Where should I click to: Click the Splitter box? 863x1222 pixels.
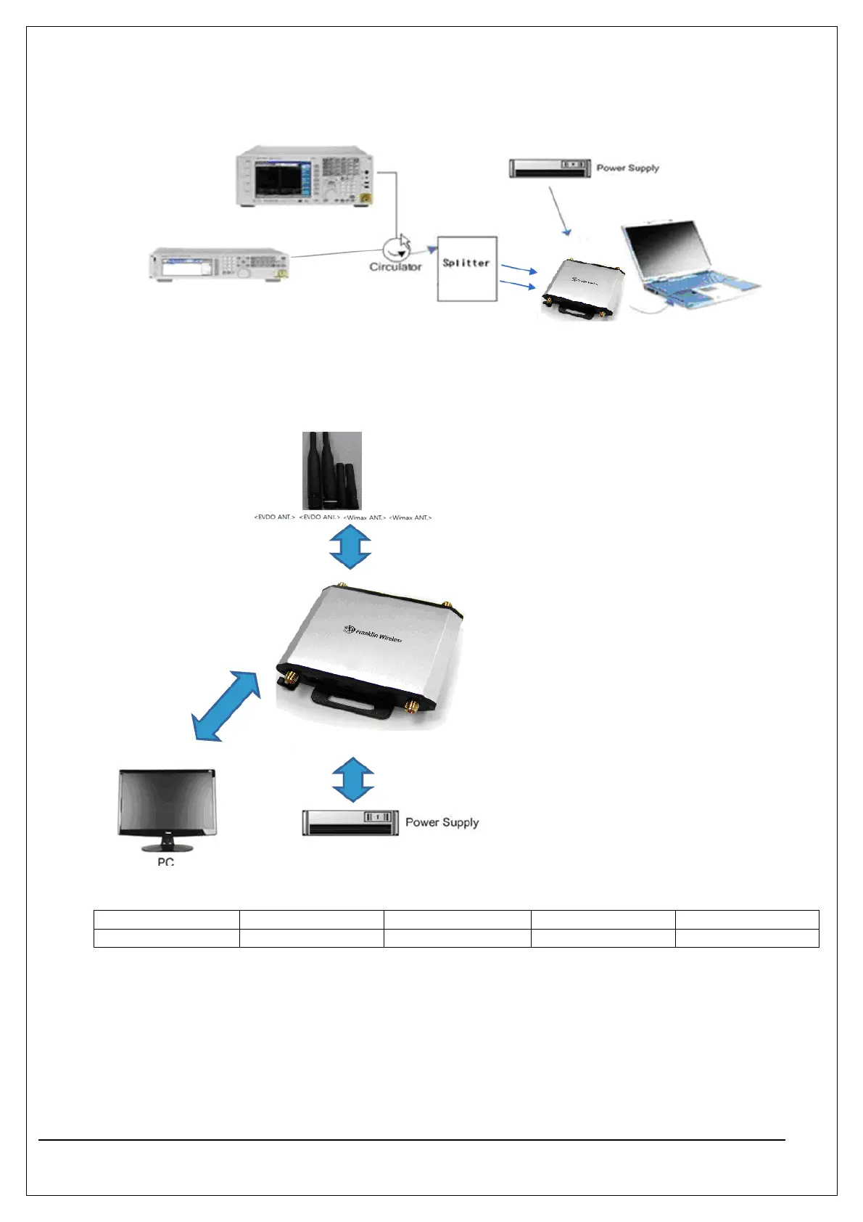pos(466,268)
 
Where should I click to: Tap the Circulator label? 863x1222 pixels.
pos(395,267)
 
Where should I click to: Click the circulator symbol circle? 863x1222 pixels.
pos(396,248)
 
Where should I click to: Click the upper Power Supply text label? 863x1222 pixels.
pos(627,168)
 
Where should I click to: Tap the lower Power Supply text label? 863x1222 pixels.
pos(442,822)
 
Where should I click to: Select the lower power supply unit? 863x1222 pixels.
pos(350,823)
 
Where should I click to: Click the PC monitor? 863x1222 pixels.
pos(167,805)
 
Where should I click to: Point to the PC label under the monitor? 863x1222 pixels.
pos(165,861)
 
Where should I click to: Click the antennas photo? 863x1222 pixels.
pos(331,470)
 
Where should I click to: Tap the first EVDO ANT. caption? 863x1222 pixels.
pos(274,517)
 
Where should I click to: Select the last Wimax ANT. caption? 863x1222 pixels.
pos(410,517)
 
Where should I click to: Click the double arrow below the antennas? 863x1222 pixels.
pos(350,546)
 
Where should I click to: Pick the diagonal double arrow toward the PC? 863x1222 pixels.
pos(226,706)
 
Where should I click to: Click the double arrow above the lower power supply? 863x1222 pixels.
pos(353,779)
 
